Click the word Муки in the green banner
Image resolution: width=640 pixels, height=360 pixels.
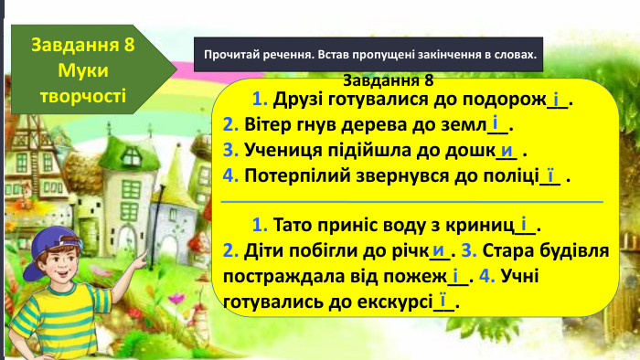tap(82, 69)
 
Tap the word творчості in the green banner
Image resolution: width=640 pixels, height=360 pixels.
tap(82, 93)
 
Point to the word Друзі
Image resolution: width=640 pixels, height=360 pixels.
tap(295, 100)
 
